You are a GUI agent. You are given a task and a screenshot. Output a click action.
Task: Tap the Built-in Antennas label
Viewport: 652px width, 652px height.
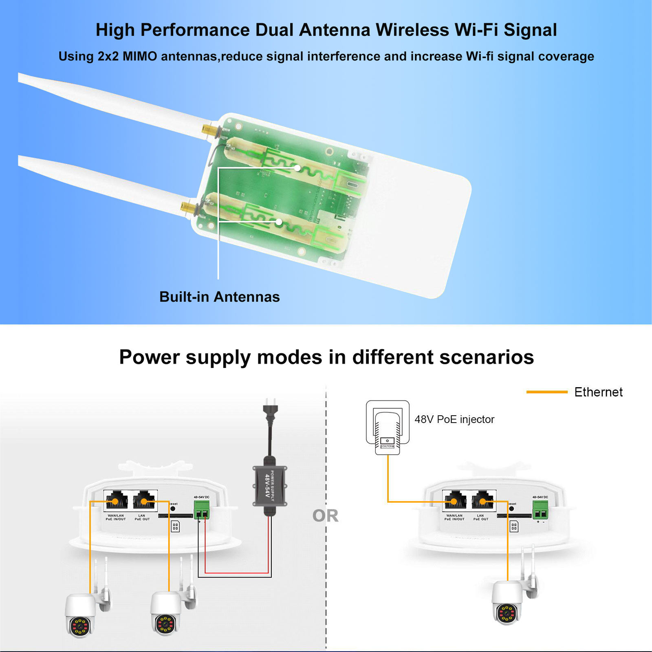219,297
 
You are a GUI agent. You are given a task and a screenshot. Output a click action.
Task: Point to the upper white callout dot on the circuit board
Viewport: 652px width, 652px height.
297,168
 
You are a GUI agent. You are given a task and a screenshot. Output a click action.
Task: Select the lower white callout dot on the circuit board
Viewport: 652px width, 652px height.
279,222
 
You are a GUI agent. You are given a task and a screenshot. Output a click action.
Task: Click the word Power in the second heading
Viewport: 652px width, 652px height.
149,357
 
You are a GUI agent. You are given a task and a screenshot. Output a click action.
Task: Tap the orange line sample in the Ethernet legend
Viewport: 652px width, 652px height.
546,392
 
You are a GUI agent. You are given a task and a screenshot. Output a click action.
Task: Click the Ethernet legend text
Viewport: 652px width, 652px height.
598,392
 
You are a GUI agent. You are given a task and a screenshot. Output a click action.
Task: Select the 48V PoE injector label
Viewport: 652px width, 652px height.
454,419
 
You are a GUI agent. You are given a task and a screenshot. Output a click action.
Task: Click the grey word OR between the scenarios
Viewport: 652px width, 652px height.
325,516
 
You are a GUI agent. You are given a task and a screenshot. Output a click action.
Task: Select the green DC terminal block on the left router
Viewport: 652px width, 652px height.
201,509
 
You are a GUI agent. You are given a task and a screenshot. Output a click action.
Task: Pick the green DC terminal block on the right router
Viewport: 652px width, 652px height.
540,509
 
